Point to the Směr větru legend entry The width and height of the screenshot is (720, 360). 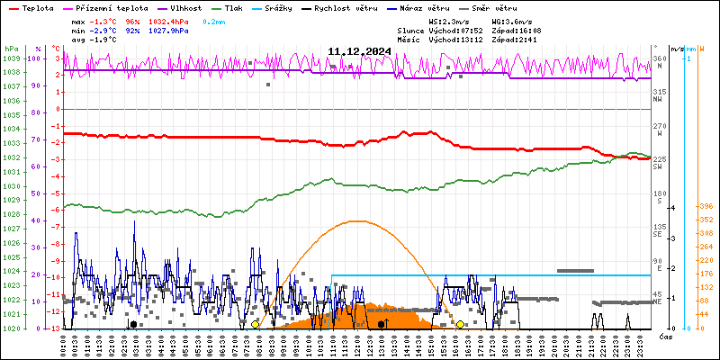[491, 7]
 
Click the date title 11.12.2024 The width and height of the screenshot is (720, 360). [358, 51]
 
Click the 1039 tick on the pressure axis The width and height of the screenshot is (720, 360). [11, 58]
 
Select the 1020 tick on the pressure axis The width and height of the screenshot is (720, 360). [11, 328]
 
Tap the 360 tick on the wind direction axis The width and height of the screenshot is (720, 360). [659, 58]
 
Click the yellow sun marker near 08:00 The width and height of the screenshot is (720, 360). [255, 324]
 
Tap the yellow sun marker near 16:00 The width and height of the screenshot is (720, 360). [460, 324]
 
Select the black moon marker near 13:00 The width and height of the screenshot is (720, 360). [381, 324]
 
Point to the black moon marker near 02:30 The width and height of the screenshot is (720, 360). [133, 324]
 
